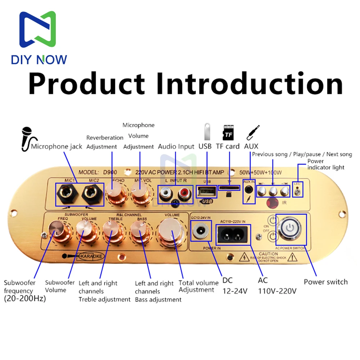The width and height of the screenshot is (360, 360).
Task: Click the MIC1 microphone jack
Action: click(68, 194)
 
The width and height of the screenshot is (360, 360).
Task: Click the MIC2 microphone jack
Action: click(91, 194)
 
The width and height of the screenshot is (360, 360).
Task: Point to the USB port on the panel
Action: click(207, 191)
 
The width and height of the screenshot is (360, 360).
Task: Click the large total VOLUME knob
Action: click(171, 231)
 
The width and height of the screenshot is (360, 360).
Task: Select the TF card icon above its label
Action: click(228, 132)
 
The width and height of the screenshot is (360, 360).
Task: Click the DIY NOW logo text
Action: click(39, 59)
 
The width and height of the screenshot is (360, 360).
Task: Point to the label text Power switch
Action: click(325, 282)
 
